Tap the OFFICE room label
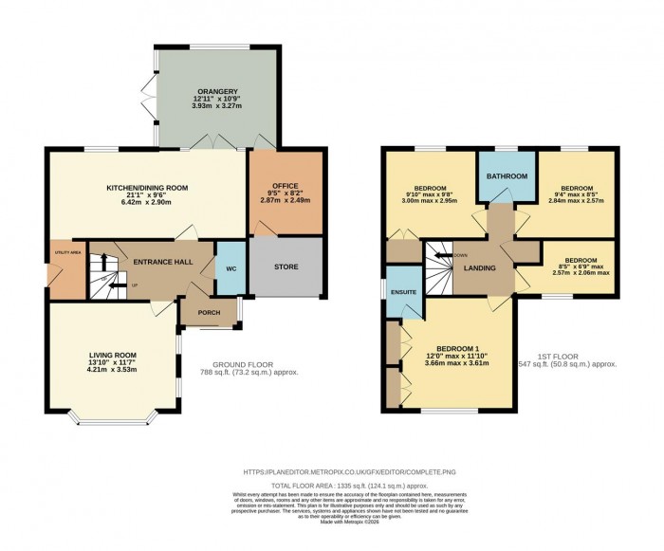pos(286,185)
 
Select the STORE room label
pos(286,267)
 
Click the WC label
pos(230,267)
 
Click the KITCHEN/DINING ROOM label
pos(147,188)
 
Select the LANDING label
pos(480,268)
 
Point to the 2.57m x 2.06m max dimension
pos(581,274)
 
